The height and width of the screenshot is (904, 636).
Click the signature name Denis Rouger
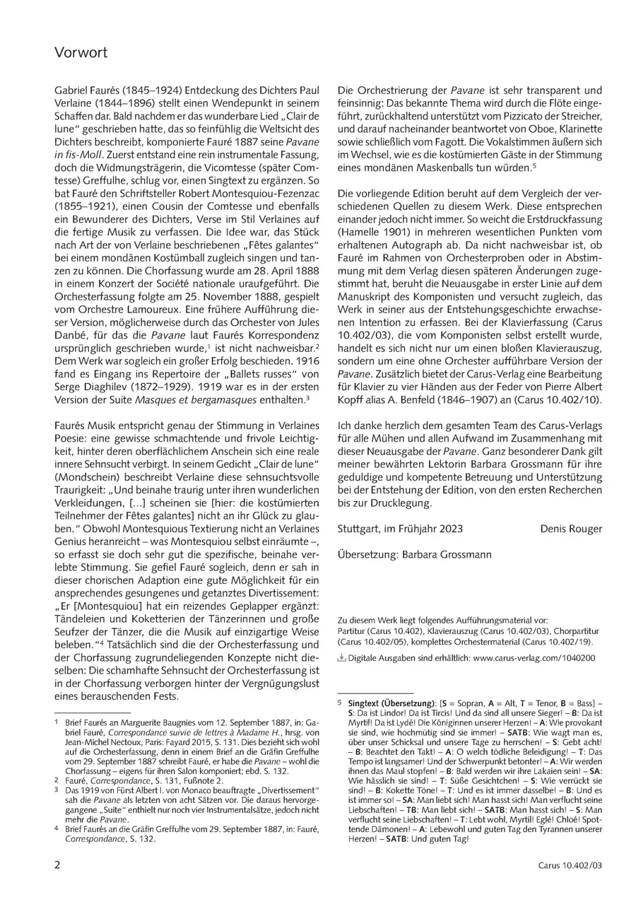pyautogui.click(x=571, y=528)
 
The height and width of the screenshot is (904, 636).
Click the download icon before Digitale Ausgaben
pyautogui.click(x=342, y=657)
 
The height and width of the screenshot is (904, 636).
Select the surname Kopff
pyautogui.click(x=354, y=400)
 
